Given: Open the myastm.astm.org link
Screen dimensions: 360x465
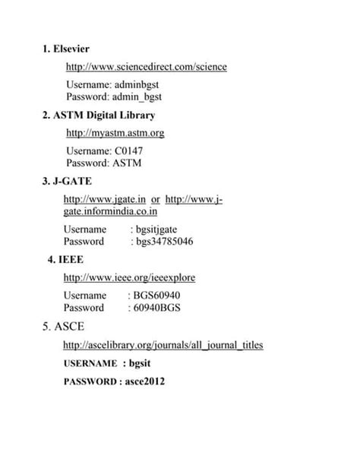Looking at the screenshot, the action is pyautogui.click(x=115, y=133).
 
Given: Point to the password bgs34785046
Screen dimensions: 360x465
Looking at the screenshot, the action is pyautogui.click(x=163, y=242).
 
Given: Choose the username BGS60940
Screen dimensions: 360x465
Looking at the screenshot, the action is pyautogui.click(x=157, y=296).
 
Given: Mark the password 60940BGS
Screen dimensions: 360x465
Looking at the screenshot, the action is pyautogui.click(x=157, y=308).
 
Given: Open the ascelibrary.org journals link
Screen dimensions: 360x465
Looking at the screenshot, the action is pyautogui.click(x=163, y=345).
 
